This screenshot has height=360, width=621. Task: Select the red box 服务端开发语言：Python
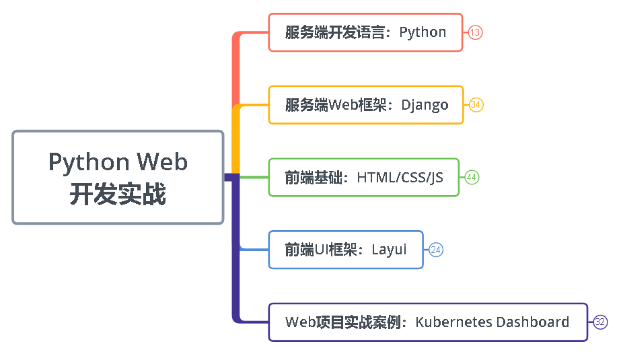[365, 32]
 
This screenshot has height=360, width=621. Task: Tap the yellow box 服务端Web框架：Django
[366, 105]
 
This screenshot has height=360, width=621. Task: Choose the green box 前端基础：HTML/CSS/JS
[363, 178]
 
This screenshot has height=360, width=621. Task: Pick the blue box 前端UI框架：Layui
[346, 250]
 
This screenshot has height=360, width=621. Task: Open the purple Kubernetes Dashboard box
[427, 322]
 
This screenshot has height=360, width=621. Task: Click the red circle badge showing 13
[476, 32]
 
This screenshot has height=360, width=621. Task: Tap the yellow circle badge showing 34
[476, 105]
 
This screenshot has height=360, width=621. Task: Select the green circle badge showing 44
[472, 178]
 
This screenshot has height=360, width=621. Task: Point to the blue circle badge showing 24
[436, 250]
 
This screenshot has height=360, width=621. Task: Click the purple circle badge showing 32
[600, 322]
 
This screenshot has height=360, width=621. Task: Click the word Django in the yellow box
[425, 106]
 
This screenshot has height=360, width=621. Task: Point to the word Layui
[389, 250]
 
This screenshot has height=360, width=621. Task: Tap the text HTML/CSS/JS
[400, 178]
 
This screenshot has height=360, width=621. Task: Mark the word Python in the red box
[423, 33]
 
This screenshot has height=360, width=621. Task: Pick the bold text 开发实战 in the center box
[118, 194]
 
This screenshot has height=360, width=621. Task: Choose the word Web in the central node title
[162, 162]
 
